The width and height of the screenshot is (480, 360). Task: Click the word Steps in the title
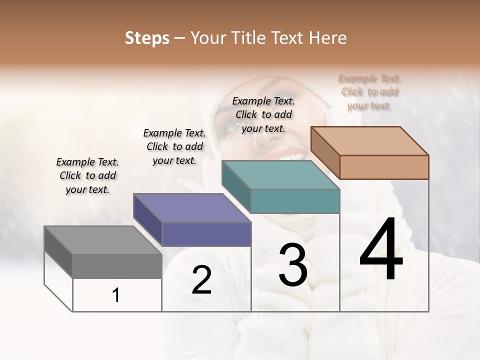point(147,38)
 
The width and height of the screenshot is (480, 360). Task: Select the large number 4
point(381,250)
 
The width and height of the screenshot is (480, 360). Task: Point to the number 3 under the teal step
point(292,265)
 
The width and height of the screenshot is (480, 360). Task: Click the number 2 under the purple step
point(201,280)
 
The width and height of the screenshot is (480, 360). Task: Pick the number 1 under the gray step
point(116,295)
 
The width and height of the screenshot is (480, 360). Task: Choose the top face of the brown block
point(369,141)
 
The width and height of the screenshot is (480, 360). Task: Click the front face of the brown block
point(384,167)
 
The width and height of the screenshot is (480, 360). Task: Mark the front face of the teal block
point(295,201)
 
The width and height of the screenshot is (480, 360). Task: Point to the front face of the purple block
point(206,234)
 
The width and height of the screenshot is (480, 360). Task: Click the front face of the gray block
point(117,266)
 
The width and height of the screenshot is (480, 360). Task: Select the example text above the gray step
point(87,175)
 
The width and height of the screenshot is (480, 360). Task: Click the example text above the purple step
point(174,146)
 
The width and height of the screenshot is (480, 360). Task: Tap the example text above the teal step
point(263,114)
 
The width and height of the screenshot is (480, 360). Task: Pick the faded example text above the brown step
point(369,91)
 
